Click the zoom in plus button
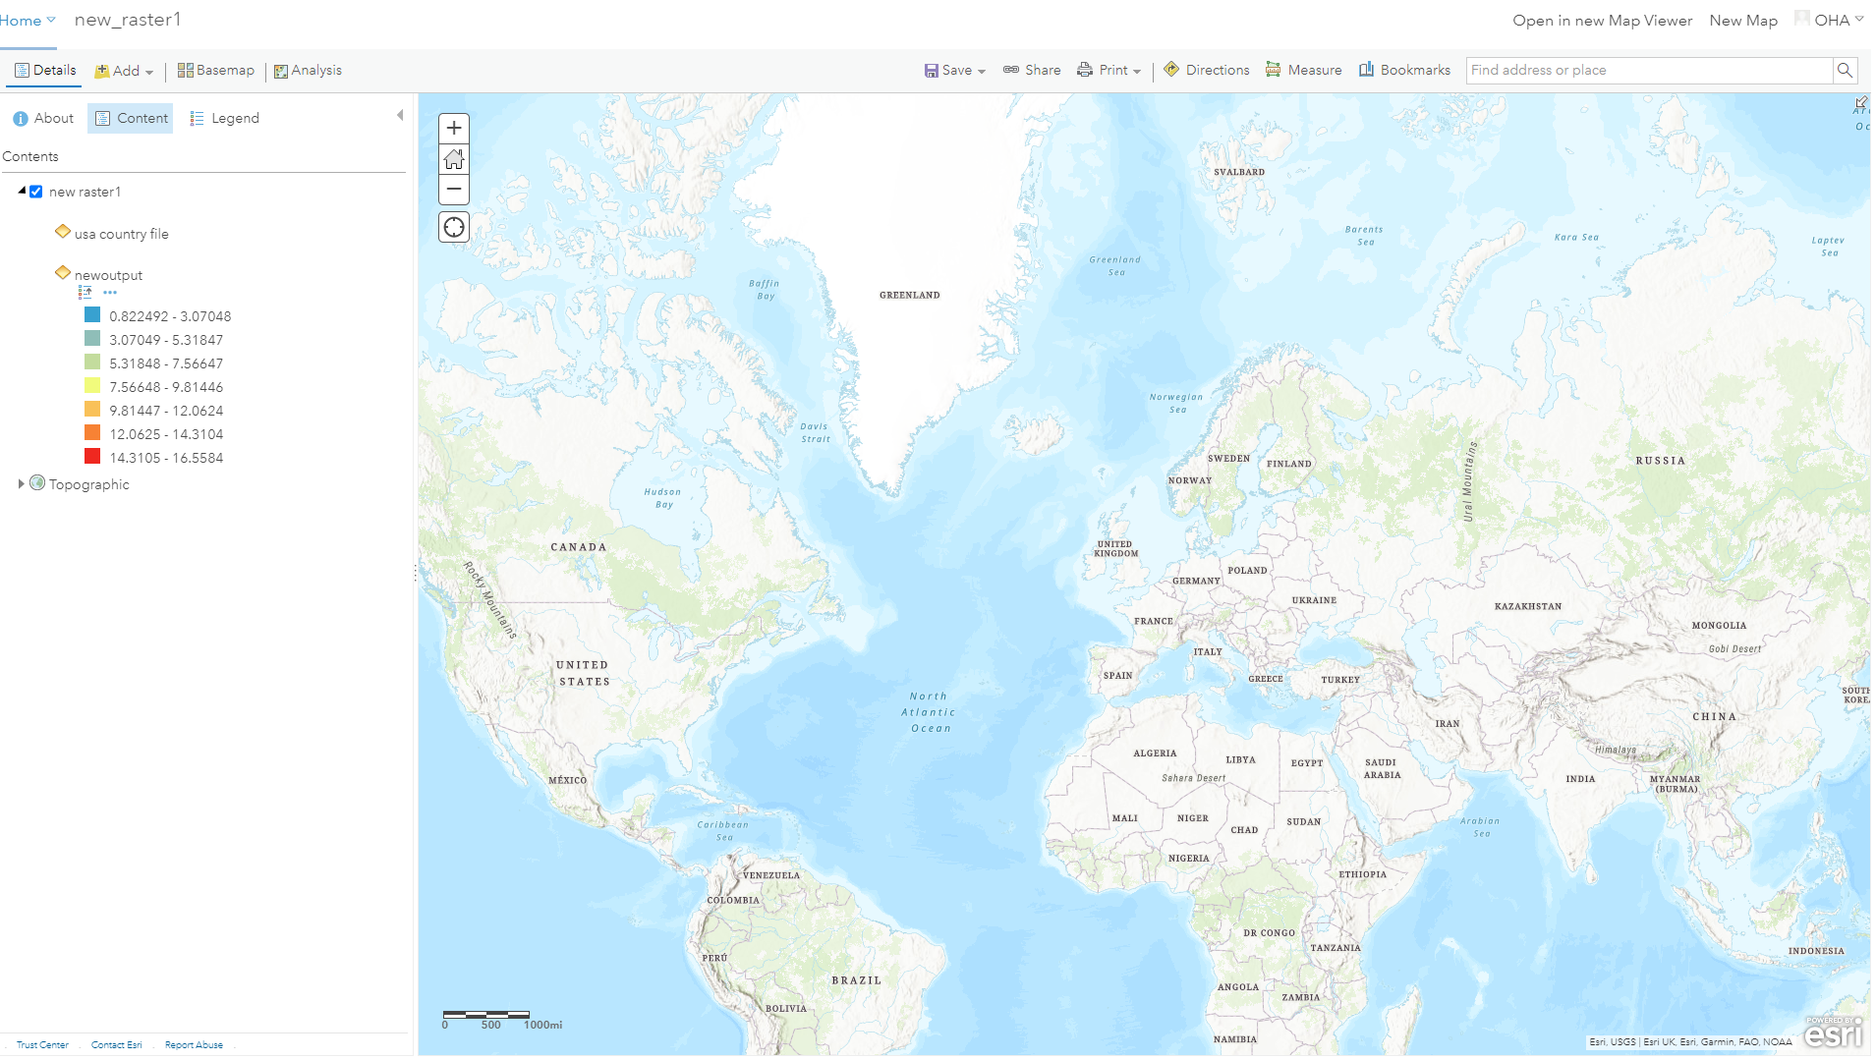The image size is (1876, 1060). pos(454,129)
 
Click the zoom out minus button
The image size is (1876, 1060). pos(454,189)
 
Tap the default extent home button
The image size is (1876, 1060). pos(454,159)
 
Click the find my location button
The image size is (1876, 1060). pos(454,228)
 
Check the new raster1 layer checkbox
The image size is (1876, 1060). pos(36,192)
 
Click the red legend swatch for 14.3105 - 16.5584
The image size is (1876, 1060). pos(92,457)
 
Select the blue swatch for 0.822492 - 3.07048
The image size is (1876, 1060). pos(92,315)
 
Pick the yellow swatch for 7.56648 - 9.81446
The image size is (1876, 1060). pos(92,386)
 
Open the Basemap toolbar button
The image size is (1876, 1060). pos(216,71)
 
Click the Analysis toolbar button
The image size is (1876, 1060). pos(309,71)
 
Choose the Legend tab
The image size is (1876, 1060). pos(225,118)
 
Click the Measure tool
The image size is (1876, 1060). pos(1304,70)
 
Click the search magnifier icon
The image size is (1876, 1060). pos(1845,70)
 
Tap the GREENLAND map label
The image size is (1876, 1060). pos(909,295)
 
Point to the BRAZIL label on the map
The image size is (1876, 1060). pos(856,980)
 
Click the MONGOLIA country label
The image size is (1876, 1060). pos(1719,626)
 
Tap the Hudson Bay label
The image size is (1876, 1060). pos(662,498)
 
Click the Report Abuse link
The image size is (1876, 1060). pos(194,1045)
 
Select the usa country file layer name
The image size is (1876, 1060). pos(122,234)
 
